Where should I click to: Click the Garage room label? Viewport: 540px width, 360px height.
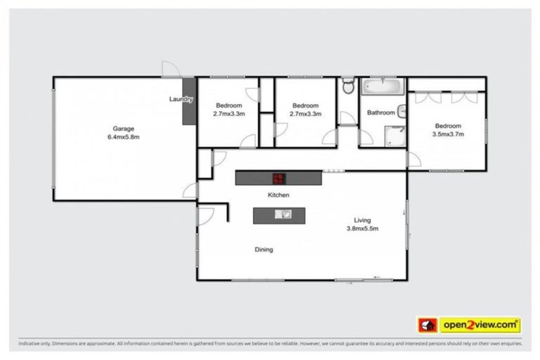123,129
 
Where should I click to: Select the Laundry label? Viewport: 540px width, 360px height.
181,99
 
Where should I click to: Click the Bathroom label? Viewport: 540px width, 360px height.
380,112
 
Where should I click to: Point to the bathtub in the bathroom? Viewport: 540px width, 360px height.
382,88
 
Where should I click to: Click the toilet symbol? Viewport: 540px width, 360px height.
347,86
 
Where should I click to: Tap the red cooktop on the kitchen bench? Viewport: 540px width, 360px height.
279,178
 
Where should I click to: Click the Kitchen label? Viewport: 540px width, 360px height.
278,194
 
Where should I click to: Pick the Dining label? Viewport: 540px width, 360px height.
264,250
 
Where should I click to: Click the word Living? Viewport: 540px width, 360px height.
362,219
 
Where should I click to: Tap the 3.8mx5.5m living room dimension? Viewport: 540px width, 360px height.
362,228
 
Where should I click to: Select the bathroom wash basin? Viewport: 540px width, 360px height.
402,110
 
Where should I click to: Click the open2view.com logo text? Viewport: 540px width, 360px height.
480,325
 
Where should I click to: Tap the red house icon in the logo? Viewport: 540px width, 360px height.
427,325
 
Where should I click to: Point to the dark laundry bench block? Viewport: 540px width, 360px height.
188,111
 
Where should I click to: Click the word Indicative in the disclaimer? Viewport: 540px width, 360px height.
30,344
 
